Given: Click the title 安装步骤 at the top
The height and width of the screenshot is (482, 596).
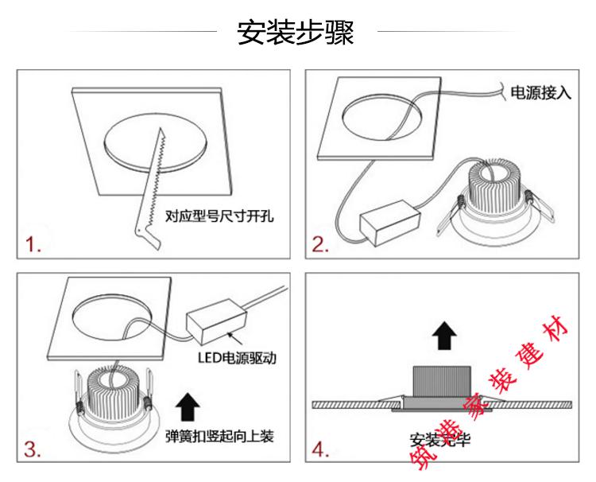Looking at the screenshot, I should pos(296,33).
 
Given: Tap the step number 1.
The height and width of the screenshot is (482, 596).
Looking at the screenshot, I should pos(33,245).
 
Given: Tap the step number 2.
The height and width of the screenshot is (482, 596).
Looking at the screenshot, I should pos(320,245).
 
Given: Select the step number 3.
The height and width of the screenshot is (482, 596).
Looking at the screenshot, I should pos(33,449).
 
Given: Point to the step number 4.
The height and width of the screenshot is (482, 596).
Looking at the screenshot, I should pos(320,450).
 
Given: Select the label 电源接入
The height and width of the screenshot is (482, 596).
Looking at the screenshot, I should pos(540,93).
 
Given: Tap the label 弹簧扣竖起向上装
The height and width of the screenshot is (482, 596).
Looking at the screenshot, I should pos(220,436).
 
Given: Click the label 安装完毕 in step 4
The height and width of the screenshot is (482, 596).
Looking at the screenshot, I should pos(439,439).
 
